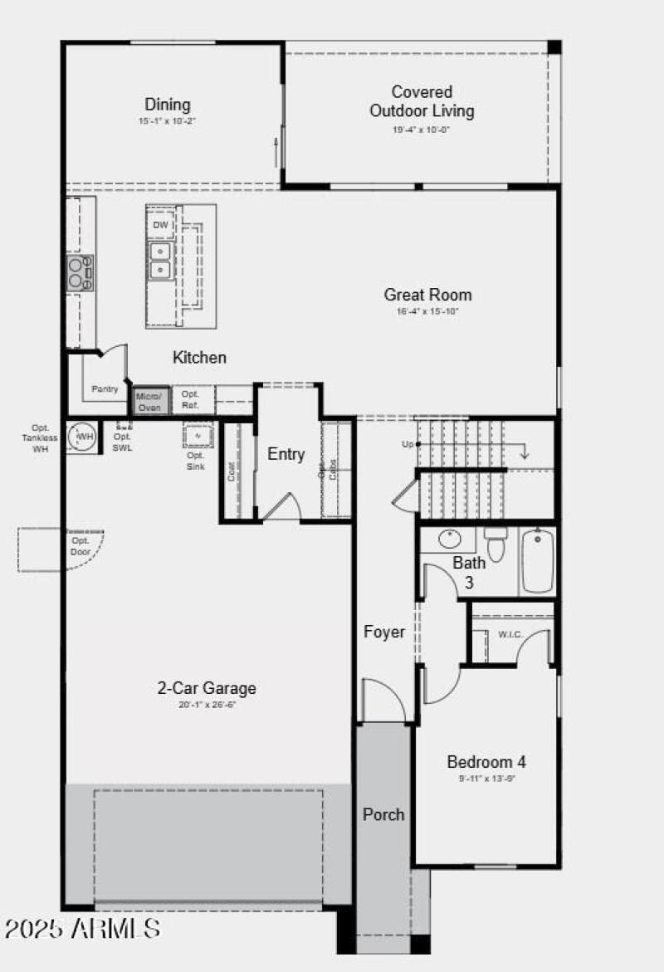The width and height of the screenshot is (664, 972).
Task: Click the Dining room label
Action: (168, 105)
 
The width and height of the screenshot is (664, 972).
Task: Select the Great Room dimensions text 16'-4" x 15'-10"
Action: (427, 312)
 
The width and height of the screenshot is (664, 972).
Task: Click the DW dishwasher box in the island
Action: (161, 225)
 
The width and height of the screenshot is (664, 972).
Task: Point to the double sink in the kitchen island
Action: (160, 260)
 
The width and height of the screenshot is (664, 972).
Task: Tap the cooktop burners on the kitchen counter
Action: (80, 272)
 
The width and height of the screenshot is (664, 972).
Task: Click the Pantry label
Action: (105, 388)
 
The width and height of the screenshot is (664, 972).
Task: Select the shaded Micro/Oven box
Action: (151, 402)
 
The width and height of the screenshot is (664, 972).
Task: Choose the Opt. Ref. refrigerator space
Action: (190, 399)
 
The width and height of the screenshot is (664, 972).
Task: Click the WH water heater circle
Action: (84, 436)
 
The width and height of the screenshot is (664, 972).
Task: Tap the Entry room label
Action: (286, 454)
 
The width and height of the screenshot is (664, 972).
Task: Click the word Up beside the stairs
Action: (408, 445)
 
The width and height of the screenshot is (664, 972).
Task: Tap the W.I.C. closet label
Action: (510, 635)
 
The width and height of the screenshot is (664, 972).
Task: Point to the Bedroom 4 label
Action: (486, 761)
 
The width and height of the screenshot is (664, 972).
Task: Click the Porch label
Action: (383, 814)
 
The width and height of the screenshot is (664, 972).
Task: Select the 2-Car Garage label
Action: (207, 687)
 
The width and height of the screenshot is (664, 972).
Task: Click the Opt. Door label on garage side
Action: (81, 545)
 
